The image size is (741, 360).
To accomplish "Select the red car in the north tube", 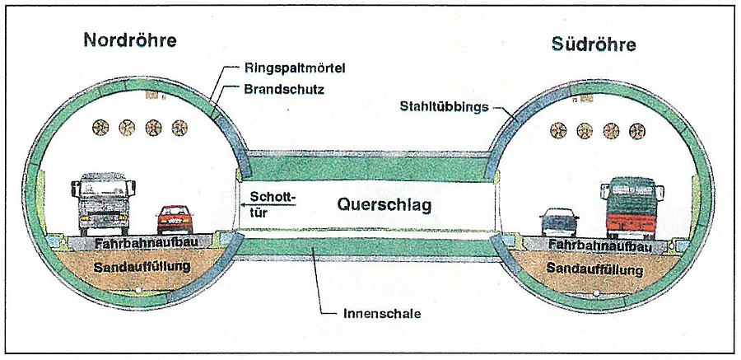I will (x=174, y=218).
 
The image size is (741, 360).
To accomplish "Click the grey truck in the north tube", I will (x=105, y=203).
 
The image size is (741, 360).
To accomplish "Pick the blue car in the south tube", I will (x=559, y=222).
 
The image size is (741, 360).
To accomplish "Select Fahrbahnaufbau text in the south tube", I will (x=600, y=246).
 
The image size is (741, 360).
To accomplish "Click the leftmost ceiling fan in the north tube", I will (x=101, y=127).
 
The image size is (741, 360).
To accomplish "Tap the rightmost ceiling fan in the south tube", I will (x=636, y=129).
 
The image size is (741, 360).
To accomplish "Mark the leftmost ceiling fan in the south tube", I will (x=559, y=129).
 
